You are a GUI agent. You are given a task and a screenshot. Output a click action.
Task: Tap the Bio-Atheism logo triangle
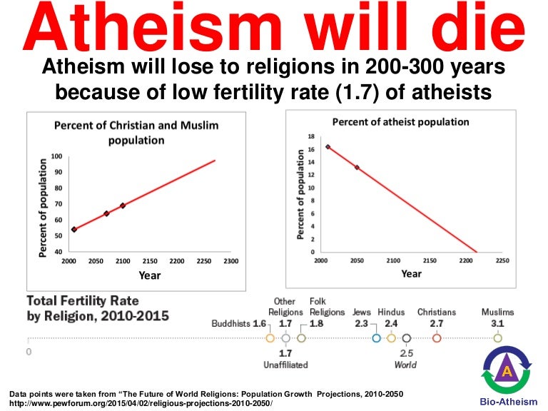tap(507, 370)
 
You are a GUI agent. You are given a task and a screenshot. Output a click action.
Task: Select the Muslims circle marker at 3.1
tap(497, 338)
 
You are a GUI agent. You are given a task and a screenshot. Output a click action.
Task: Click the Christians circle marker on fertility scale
tap(437, 338)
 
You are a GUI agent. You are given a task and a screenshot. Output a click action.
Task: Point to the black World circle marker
tap(407, 338)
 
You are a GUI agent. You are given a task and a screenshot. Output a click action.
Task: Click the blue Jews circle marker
tap(376, 338)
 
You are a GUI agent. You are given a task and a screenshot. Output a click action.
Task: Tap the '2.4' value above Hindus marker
tap(391, 323)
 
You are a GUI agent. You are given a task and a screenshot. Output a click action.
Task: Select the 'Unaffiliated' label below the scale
tap(285, 365)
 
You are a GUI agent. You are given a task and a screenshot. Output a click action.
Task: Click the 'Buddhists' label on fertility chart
tap(231, 323)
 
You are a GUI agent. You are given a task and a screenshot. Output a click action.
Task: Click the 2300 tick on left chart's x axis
tap(230, 261)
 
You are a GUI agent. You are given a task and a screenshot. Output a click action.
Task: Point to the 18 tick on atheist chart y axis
tap(310, 136)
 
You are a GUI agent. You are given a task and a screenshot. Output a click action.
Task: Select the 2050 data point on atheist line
tap(357, 168)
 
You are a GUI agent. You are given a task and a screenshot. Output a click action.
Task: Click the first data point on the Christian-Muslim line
tap(74, 229)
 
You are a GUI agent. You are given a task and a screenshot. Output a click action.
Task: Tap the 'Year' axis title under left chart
tap(150, 275)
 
